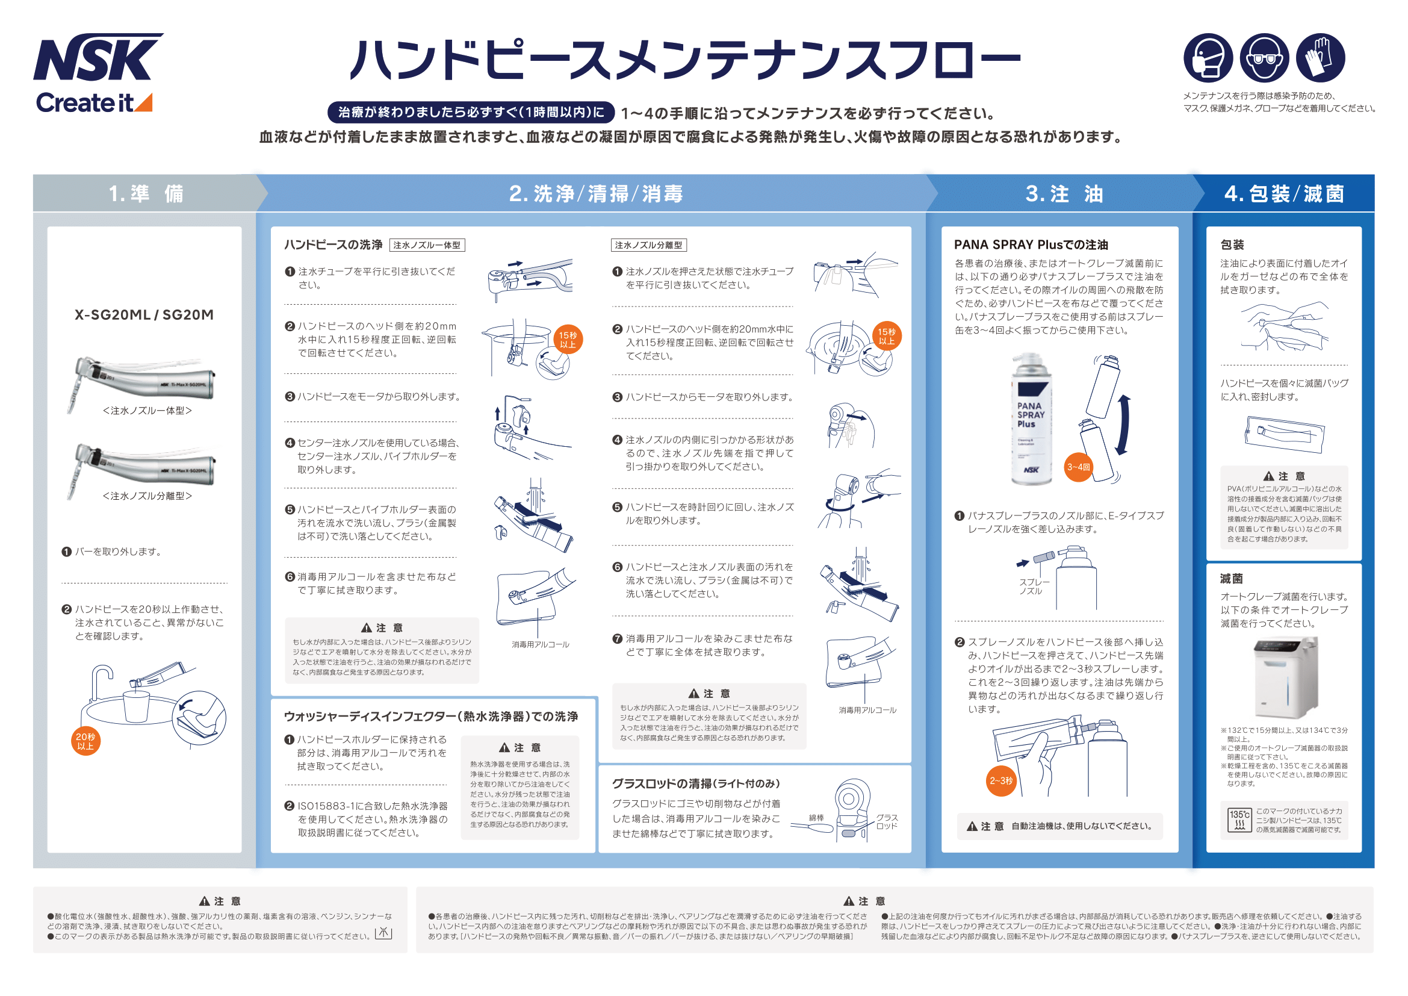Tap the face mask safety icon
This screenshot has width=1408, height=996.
1208,58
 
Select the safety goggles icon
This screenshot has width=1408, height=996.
1264,58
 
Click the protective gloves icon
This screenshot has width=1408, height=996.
1320,58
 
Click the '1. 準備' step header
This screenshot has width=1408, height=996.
146,194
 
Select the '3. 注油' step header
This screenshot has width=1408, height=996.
1064,194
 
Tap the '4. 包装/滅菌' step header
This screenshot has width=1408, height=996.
1283,194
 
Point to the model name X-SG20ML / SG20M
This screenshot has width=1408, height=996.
144,314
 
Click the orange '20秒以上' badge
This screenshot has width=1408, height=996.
85,741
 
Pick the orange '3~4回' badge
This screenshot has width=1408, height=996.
1078,467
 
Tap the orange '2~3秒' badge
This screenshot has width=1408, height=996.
1001,781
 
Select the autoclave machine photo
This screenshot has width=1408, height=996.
1285,677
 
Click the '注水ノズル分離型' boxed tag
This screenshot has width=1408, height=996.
648,245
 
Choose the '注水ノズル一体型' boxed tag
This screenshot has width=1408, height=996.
427,245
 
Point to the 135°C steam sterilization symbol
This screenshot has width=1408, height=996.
1239,820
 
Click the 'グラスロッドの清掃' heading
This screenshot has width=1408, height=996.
696,783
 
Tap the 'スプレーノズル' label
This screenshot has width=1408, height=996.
1034,587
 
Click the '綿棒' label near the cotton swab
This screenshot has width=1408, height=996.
816,818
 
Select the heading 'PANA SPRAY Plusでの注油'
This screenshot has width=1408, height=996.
1031,244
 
